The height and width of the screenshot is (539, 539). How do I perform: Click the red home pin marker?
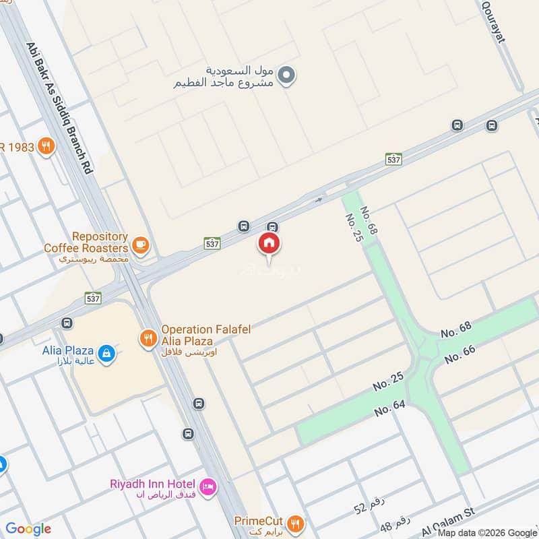pos(269,244)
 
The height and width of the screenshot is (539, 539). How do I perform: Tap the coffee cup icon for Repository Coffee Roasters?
pos(140,245)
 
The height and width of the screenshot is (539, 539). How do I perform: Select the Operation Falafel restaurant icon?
pos(148,338)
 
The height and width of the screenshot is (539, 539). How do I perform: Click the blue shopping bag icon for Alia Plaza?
pos(106,352)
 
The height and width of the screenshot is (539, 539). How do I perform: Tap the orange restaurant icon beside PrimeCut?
pos(294,522)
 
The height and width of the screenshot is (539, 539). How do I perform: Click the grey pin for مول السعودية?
pos(287,75)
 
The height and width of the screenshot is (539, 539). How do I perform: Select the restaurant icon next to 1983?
pos(46,146)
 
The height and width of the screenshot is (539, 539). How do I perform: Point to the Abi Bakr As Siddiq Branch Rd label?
pos(59,108)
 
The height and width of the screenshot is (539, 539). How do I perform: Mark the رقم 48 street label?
pos(395,524)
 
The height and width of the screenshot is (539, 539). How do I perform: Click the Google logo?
pos(28,529)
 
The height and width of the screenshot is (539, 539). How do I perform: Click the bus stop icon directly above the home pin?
pos(272,227)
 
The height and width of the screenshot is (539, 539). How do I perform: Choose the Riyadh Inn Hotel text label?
pos(154,484)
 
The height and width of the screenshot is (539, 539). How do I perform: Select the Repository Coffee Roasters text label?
pos(86,243)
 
